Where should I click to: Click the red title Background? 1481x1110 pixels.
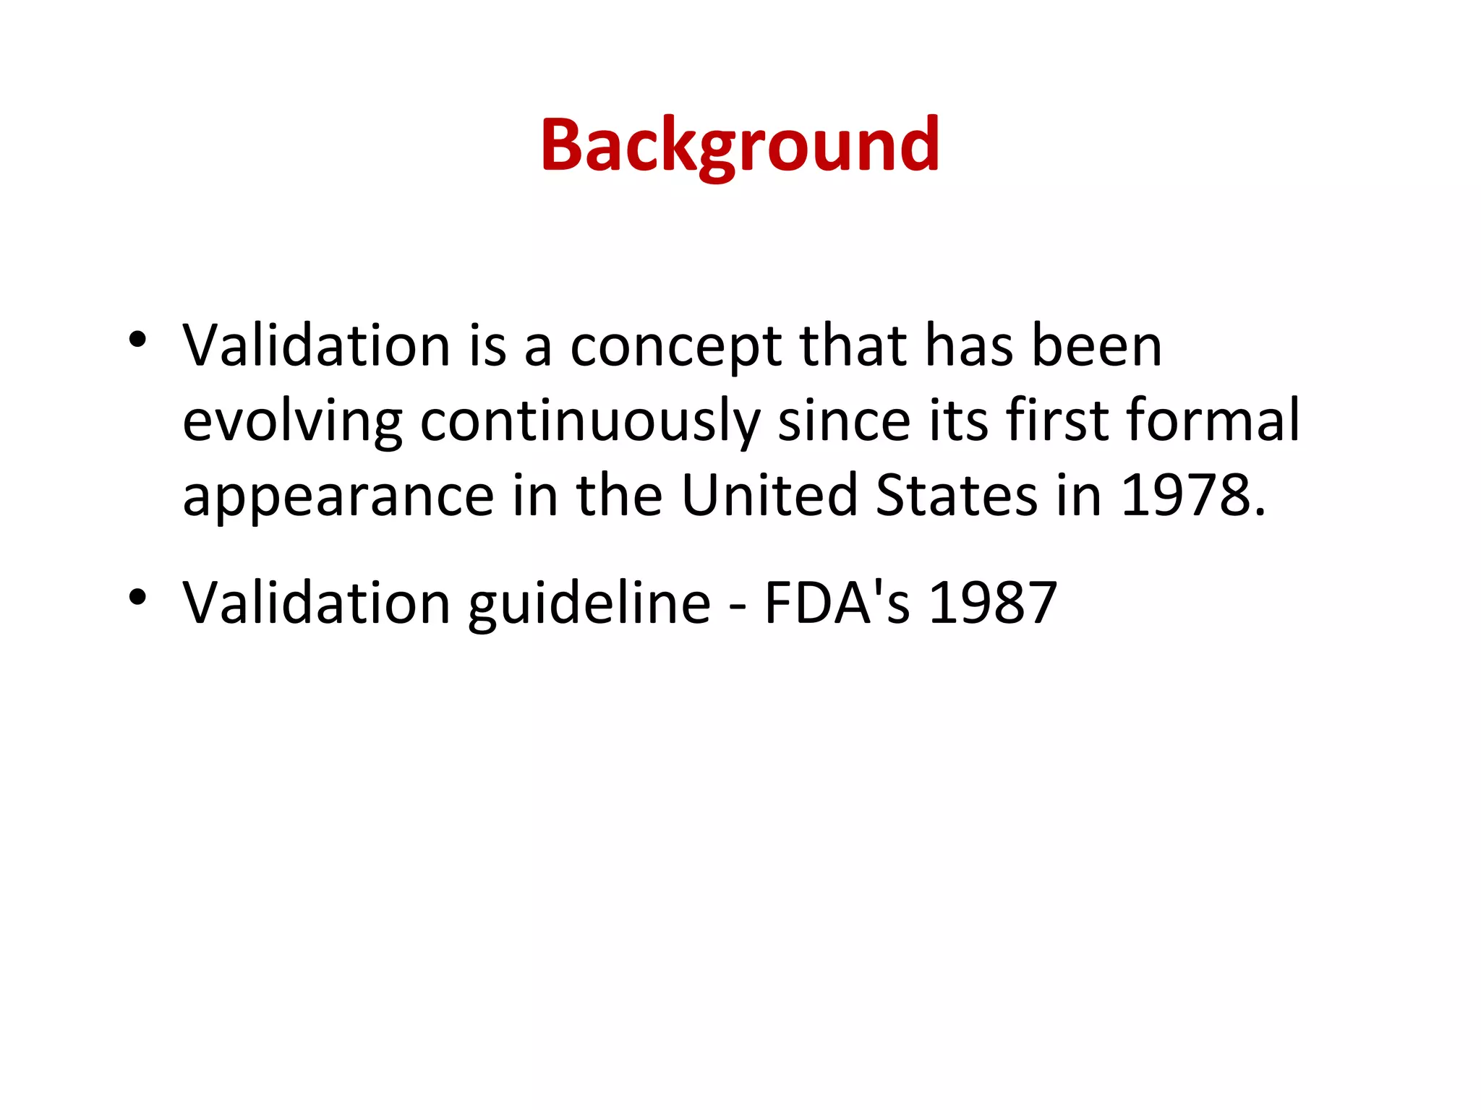(740, 147)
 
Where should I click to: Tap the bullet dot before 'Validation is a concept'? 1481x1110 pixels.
(137, 339)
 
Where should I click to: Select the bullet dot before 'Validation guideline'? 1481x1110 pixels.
(137, 597)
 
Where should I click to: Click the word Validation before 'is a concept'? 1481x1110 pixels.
(317, 346)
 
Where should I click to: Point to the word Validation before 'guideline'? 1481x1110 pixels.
(317, 603)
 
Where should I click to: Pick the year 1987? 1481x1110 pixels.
(992, 603)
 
